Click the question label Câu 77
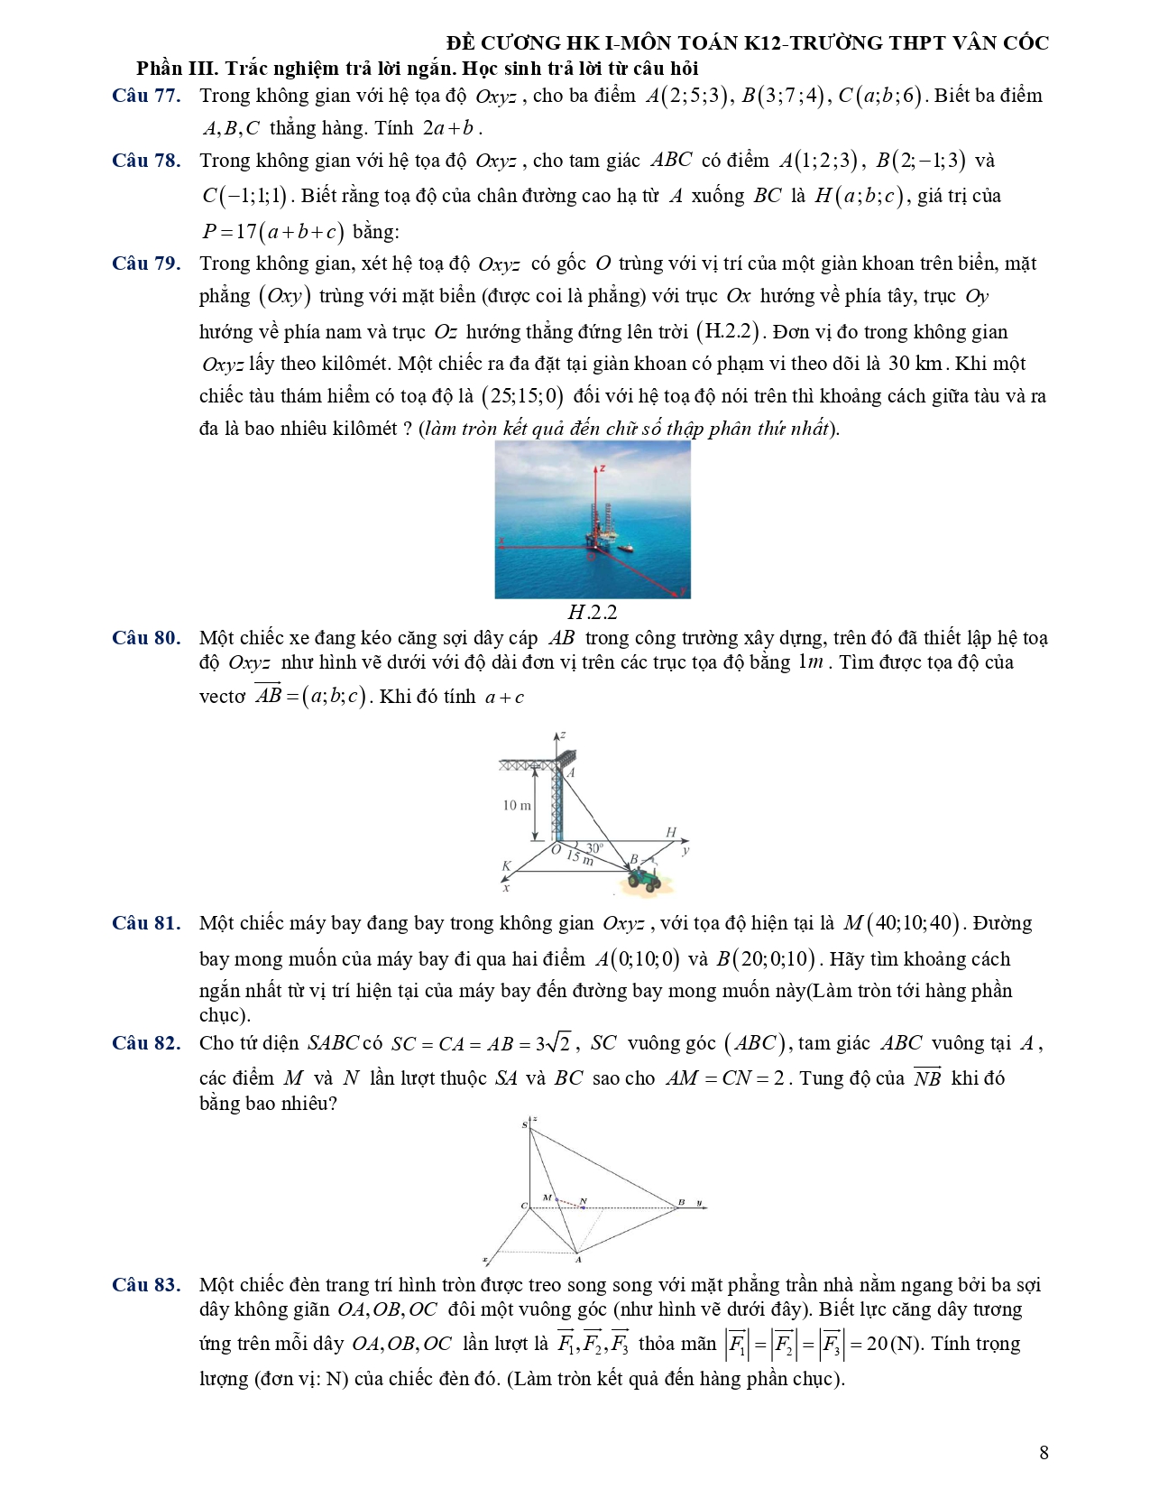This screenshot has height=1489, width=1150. tap(146, 96)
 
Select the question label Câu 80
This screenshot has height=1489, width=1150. tap(146, 638)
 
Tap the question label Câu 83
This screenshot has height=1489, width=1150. tap(146, 1285)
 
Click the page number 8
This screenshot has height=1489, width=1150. tap(1044, 1452)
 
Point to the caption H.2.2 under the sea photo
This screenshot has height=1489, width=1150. tap(593, 613)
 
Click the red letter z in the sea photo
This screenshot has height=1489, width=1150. tap(602, 469)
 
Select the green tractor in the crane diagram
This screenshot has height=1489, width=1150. tap(644, 878)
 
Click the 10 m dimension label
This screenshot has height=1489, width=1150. tap(517, 805)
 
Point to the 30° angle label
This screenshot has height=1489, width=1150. tap(594, 848)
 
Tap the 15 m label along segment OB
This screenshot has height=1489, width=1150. tap(580, 857)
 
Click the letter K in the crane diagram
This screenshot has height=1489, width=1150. tap(506, 866)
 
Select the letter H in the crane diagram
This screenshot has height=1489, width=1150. tap(670, 832)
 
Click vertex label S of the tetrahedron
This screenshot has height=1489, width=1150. tap(525, 1125)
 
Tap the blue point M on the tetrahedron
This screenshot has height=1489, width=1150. tap(557, 1200)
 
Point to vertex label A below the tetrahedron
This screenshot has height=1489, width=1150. tap(578, 1260)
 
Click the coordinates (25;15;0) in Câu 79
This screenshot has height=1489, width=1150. tap(522, 396)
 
